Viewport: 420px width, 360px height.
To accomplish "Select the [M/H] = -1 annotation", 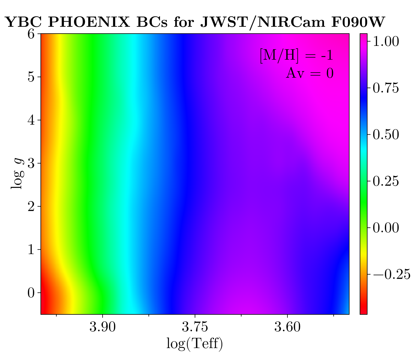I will (x=296, y=56).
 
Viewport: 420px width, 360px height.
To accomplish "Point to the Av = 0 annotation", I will (x=310, y=73).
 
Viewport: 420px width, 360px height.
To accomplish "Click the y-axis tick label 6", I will (x=31, y=34).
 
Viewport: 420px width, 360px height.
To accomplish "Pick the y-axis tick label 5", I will (x=31, y=77).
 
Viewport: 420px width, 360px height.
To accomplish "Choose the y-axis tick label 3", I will (x=31, y=163).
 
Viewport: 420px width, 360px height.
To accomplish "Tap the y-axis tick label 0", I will (x=31, y=293).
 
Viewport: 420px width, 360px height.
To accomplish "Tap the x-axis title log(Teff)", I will (x=195, y=344).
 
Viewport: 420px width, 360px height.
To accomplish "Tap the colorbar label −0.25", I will (x=391, y=274).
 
